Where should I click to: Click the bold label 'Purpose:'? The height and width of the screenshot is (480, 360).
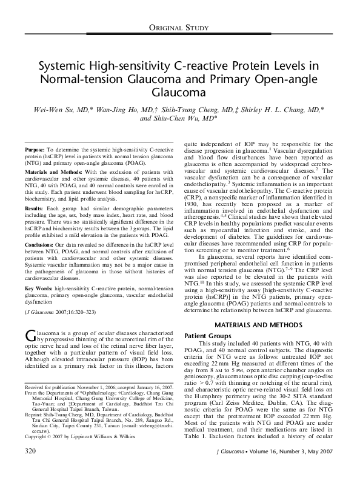click(35, 148)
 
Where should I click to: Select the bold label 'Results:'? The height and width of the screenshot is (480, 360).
click(34, 207)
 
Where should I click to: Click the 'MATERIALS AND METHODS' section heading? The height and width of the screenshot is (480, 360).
click(257, 325)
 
